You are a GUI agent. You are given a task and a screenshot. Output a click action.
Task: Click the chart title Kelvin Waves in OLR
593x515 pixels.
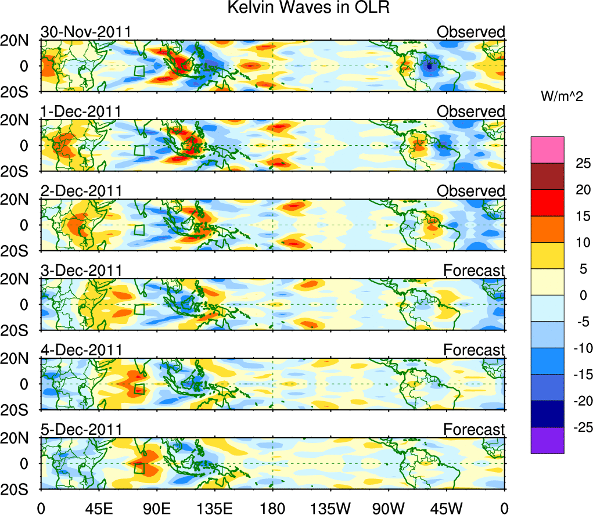tap(296, 8)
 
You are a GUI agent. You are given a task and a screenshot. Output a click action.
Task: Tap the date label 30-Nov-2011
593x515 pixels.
tap(85, 32)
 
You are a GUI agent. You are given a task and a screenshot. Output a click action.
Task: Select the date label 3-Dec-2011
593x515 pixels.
tap(81, 271)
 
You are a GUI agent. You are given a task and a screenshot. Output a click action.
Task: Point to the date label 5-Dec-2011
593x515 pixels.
tap(81, 430)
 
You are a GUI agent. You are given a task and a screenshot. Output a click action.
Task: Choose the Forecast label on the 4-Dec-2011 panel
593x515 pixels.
tap(474, 350)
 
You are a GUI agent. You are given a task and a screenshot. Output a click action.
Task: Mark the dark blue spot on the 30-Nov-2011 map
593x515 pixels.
tap(429, 67)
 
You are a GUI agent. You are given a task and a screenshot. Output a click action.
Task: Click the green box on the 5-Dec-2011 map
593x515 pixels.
tap(139, 469)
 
